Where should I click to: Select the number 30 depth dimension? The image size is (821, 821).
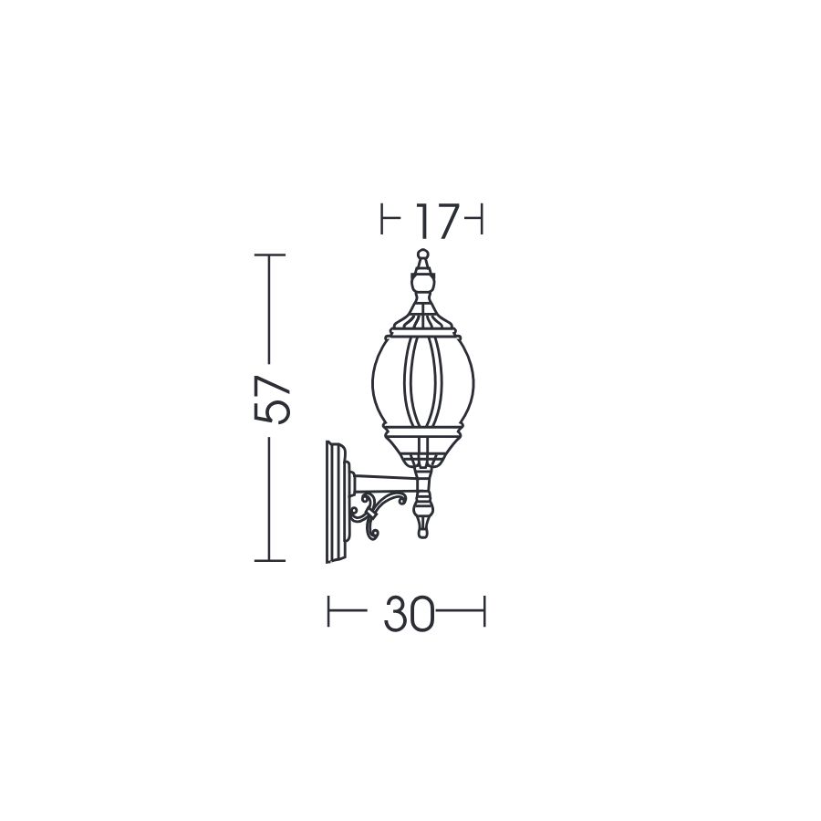(409, 613)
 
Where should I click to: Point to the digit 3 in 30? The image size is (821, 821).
(395, 613)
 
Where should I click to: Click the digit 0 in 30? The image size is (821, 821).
(422, 613)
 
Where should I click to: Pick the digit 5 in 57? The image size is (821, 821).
(271, 411)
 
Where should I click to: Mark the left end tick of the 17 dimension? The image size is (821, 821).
(382, 218)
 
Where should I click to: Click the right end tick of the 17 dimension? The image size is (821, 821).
(481, 218)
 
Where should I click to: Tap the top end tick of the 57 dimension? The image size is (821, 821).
(270, 255)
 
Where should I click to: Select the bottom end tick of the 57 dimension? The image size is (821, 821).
(270, 561)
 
